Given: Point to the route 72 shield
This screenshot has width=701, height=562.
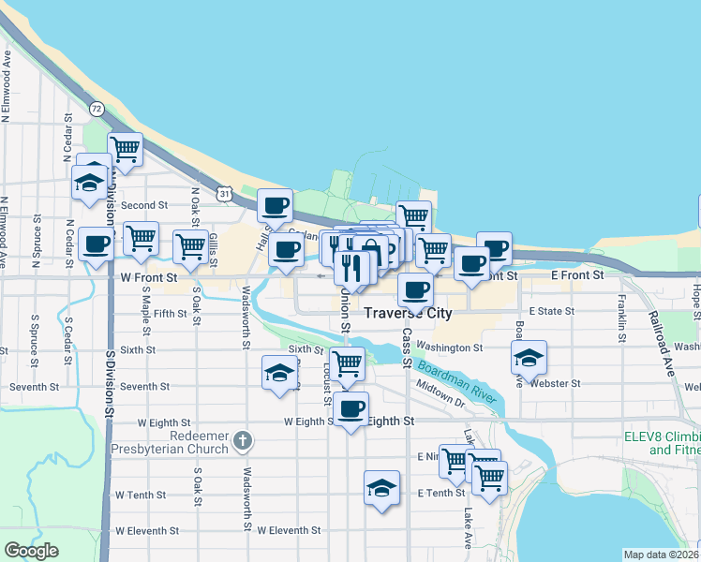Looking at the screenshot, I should coord(97,110).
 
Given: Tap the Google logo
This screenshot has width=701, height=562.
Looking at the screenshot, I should coord(31,551).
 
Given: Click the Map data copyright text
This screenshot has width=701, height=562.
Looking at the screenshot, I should coord(661,555).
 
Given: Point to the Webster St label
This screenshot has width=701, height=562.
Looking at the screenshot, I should coord(555,383).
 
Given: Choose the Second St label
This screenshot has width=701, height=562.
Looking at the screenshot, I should coord(143,205).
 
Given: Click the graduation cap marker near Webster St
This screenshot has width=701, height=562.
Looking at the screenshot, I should coord(529,357).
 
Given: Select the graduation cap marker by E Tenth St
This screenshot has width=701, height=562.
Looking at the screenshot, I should coord(381,487).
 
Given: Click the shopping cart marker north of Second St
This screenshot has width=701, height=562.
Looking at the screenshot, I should coord(125,148).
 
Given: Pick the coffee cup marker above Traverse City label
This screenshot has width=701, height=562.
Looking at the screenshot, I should coord(415,289).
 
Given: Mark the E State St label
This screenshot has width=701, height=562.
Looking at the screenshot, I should coord(551,310).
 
